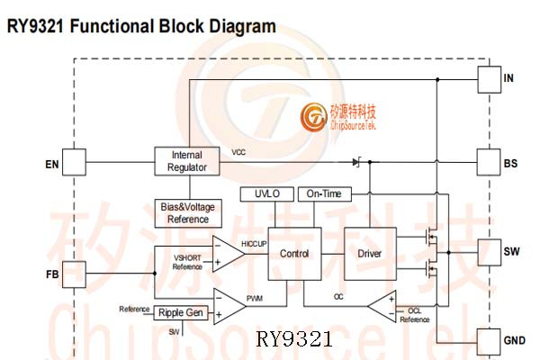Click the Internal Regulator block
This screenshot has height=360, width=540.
[187, 161]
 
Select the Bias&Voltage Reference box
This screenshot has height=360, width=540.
[188, 213]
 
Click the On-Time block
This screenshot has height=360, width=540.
[324, 194]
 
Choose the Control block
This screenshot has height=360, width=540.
[293, 254]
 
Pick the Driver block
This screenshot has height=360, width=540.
[370, 254]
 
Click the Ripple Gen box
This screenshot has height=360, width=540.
[182, 312]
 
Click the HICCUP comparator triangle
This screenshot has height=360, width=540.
[226, 253]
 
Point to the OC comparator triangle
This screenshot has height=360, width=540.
[383, 306]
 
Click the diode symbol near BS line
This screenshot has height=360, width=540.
[356, 163]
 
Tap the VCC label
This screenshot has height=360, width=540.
[238, 152]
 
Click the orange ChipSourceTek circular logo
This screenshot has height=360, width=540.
[314, 117]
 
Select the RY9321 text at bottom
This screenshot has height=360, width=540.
[294, 339]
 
